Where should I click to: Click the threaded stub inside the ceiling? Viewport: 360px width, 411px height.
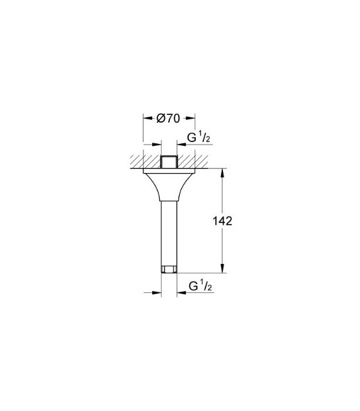click(x=168, y=162)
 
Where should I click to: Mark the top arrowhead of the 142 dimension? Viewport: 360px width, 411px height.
click(x=222, y=172)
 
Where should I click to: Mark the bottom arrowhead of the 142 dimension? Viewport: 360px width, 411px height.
click(x=222, y=270)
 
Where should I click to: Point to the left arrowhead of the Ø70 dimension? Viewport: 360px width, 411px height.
click(x=146, y=118)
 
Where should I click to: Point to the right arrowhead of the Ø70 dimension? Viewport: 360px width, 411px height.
click(x=191, y=118)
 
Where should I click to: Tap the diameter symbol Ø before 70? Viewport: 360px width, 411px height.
click(x=160, y=118)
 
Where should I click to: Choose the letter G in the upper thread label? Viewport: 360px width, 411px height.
click(x=191, y=138)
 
